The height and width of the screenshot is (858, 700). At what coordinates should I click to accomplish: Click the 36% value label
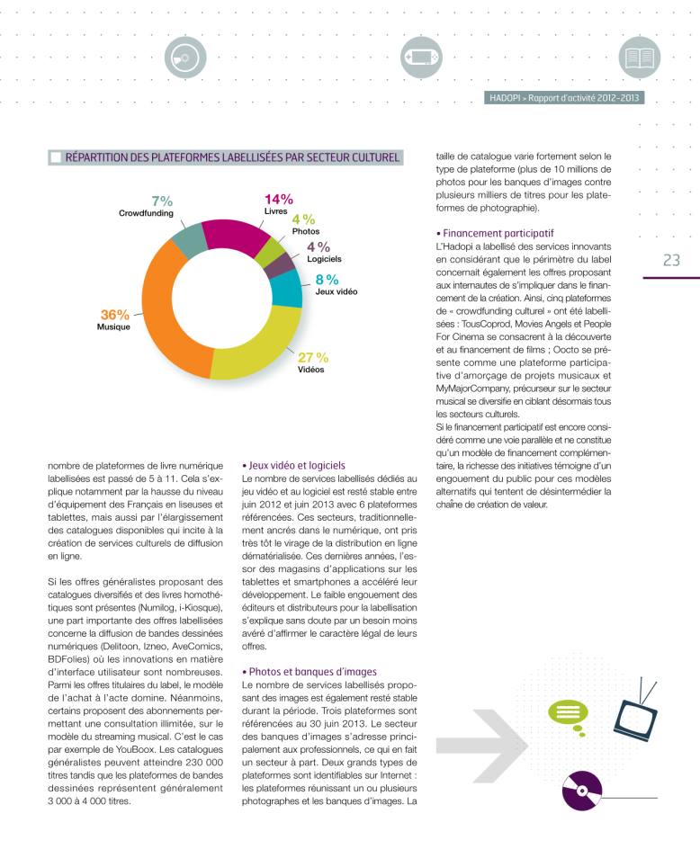coord(114,315)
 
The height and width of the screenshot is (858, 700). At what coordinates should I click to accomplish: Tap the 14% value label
coord(278,200)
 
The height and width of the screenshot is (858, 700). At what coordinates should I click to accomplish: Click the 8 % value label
coord(326,280)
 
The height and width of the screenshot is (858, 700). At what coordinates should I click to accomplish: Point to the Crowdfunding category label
coord(146,213)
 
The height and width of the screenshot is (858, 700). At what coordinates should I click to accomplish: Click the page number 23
coord(670,261)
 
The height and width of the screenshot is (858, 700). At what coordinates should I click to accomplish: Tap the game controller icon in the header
coord(419,57)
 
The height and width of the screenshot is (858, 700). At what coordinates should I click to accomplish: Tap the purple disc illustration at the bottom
coord(581,792)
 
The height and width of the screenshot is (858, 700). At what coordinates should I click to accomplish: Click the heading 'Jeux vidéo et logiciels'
coord(293,466)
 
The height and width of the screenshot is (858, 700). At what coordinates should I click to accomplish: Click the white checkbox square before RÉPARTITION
coord(56,158)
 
